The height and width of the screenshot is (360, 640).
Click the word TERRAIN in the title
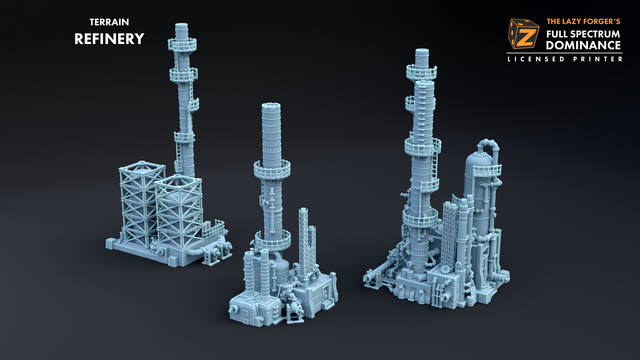pos(109,22)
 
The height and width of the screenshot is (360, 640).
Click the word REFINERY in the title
pos(109,39)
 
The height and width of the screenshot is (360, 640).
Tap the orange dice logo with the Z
pos(523,34)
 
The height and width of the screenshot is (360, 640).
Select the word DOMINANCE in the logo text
pos(583,45)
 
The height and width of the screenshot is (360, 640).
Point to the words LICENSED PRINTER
pos(565,59)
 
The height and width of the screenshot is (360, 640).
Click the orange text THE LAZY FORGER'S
pos(583,22)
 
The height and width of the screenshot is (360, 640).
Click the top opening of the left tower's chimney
pos(181,25)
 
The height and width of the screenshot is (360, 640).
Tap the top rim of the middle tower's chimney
pos(271,106)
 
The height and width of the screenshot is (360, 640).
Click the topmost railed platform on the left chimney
pos(182,44)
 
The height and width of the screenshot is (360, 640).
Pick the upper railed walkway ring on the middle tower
pos(272,169)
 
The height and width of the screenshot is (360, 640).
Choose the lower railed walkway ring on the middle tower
pos(273,241)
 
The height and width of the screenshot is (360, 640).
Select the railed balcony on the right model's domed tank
pos(487,171)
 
